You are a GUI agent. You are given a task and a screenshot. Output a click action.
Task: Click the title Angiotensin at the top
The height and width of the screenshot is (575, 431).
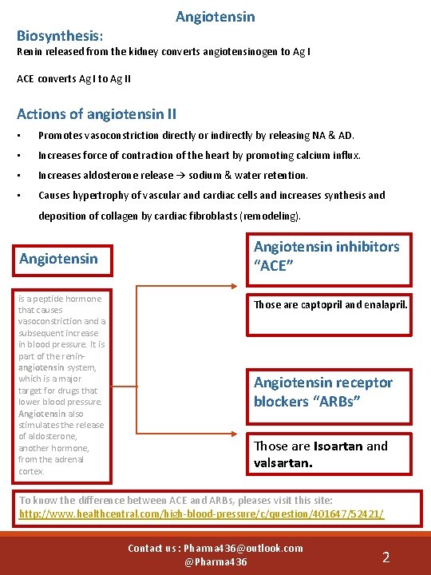coord(215,17)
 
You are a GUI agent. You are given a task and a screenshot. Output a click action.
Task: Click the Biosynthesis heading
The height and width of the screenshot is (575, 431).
coord(60,36)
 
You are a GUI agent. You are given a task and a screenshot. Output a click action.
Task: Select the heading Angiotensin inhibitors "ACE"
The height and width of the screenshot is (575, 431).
coord(326,256)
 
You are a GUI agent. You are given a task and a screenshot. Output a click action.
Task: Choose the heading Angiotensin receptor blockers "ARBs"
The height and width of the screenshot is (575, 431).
coord(323,391)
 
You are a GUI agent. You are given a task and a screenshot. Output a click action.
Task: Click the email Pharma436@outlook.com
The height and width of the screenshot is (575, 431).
coord(243,548)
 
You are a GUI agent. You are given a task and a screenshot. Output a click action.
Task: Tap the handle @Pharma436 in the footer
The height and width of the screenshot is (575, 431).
coord(215,562)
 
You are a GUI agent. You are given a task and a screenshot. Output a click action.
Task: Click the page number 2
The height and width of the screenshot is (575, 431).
coord(386,557)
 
